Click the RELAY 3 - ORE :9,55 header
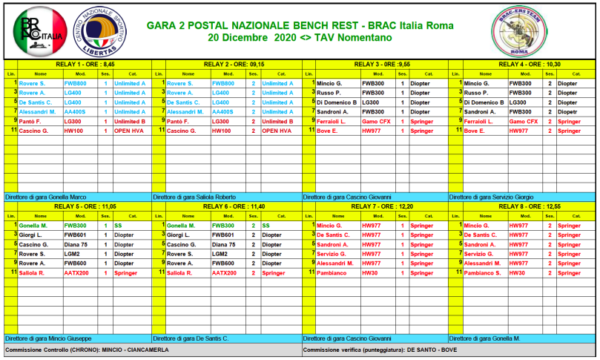(x=375, y=65)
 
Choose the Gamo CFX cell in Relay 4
(x=524, y=121)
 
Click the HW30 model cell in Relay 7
(x=369, y=272)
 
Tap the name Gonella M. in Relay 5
(x=33, y=225)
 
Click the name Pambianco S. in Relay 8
(x=482, y=272)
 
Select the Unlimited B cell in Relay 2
(x=277, y=121)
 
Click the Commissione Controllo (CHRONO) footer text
(x=87, y=350)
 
